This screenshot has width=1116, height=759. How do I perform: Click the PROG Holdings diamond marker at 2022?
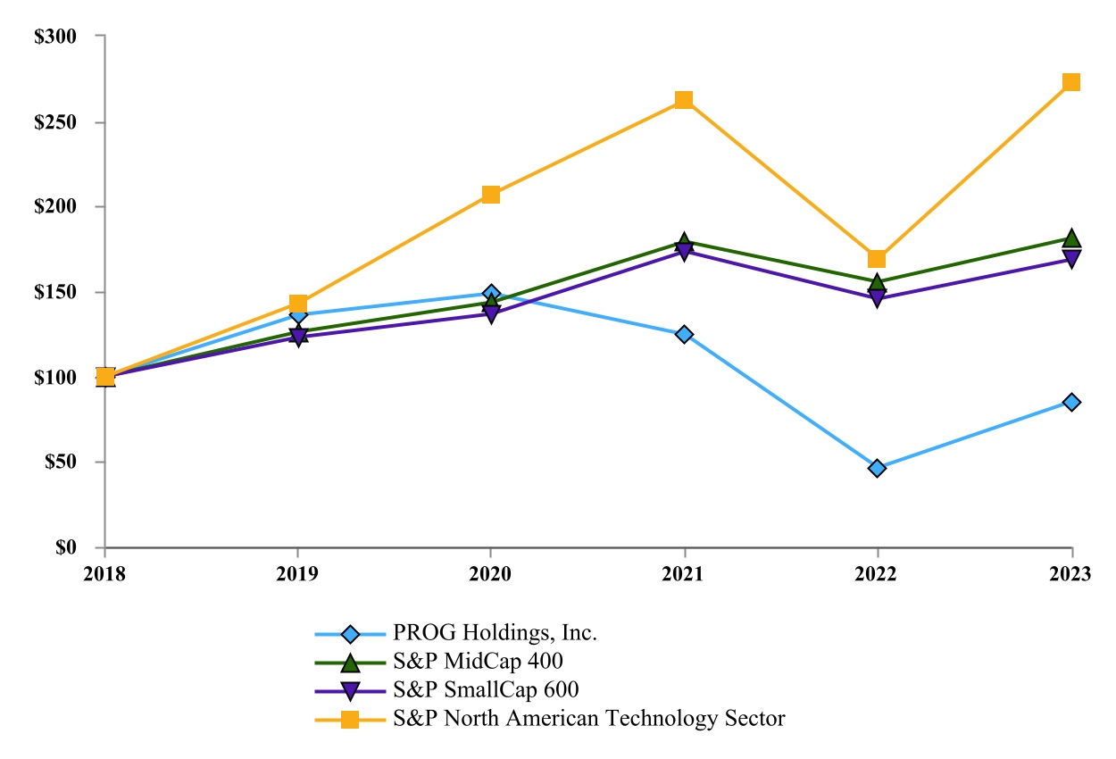click(x=877, y=468)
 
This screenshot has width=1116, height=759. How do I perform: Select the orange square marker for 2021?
click(x=684, y=99)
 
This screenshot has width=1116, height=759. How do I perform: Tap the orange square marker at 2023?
click(x=1071, y=82)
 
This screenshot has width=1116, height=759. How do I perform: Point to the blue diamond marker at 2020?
click(x=491, y=293)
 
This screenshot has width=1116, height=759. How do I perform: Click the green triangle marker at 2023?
click(x=1071, y=238)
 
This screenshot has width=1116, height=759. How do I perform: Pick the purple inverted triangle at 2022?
click(x=877, y=298)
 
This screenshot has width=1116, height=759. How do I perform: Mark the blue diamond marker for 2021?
click(x=684, y=334)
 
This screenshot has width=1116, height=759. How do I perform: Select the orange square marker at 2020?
click(x=491, y=195)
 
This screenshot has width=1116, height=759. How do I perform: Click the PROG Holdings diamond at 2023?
click(x=1071, y=402)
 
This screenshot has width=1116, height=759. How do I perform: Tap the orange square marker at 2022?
click(x=877, y=259)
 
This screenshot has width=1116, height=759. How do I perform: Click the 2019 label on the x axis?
click(x=297, y=574)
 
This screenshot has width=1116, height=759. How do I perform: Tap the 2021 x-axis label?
click(x=684, y=574)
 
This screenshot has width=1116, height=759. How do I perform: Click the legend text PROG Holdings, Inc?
click(x=496, y=634)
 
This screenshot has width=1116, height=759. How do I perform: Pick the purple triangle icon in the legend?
click(x=350, y=691)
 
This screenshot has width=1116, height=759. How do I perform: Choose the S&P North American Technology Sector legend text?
click(x=589, y=719)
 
